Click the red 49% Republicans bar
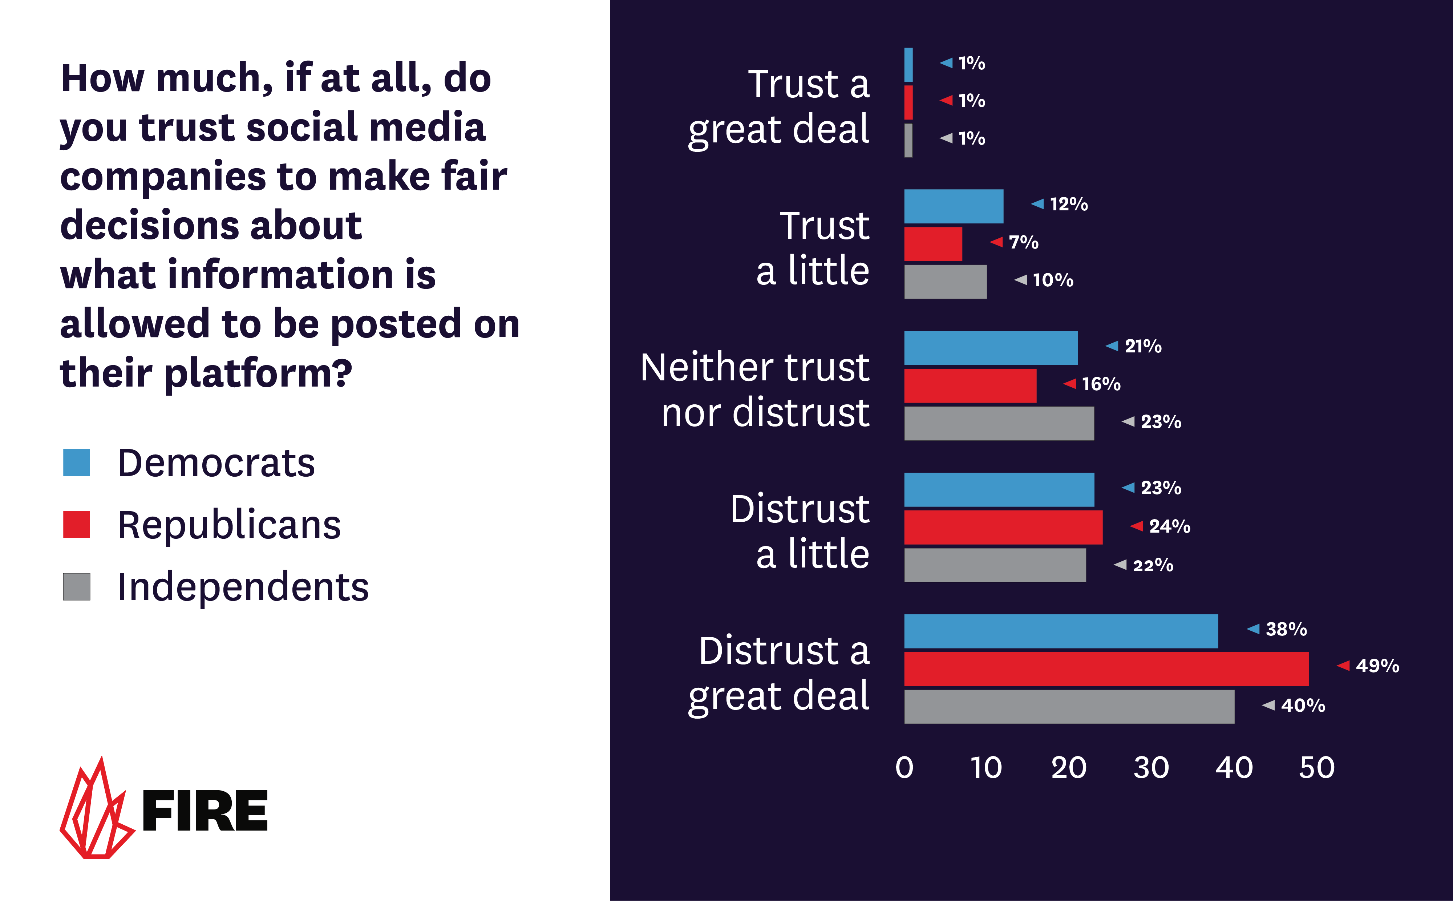pyautogui.click(x=1106, y=668)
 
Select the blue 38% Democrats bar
pyautogui.click(x=1061, y=631)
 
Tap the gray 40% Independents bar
pyautogui.click(x=1069, y=707)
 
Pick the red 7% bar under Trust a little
pyautogui.click(x=933, y=244)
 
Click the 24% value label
pyautogui.click(x=1169, y=526)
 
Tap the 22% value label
pyautogui.click(x=1153, y=565)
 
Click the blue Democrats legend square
pyautogui.click(x=76, y=462)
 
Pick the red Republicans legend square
pyautogui.click(x=76, y=524)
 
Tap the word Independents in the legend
pyautogui.click(x=243, y=587)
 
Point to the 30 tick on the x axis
pyautogui.click(x=1151, y=768)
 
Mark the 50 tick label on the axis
pyautogui.click(x=1316, y=768)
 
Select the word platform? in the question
pyautogui.click(x=258, y=373)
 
